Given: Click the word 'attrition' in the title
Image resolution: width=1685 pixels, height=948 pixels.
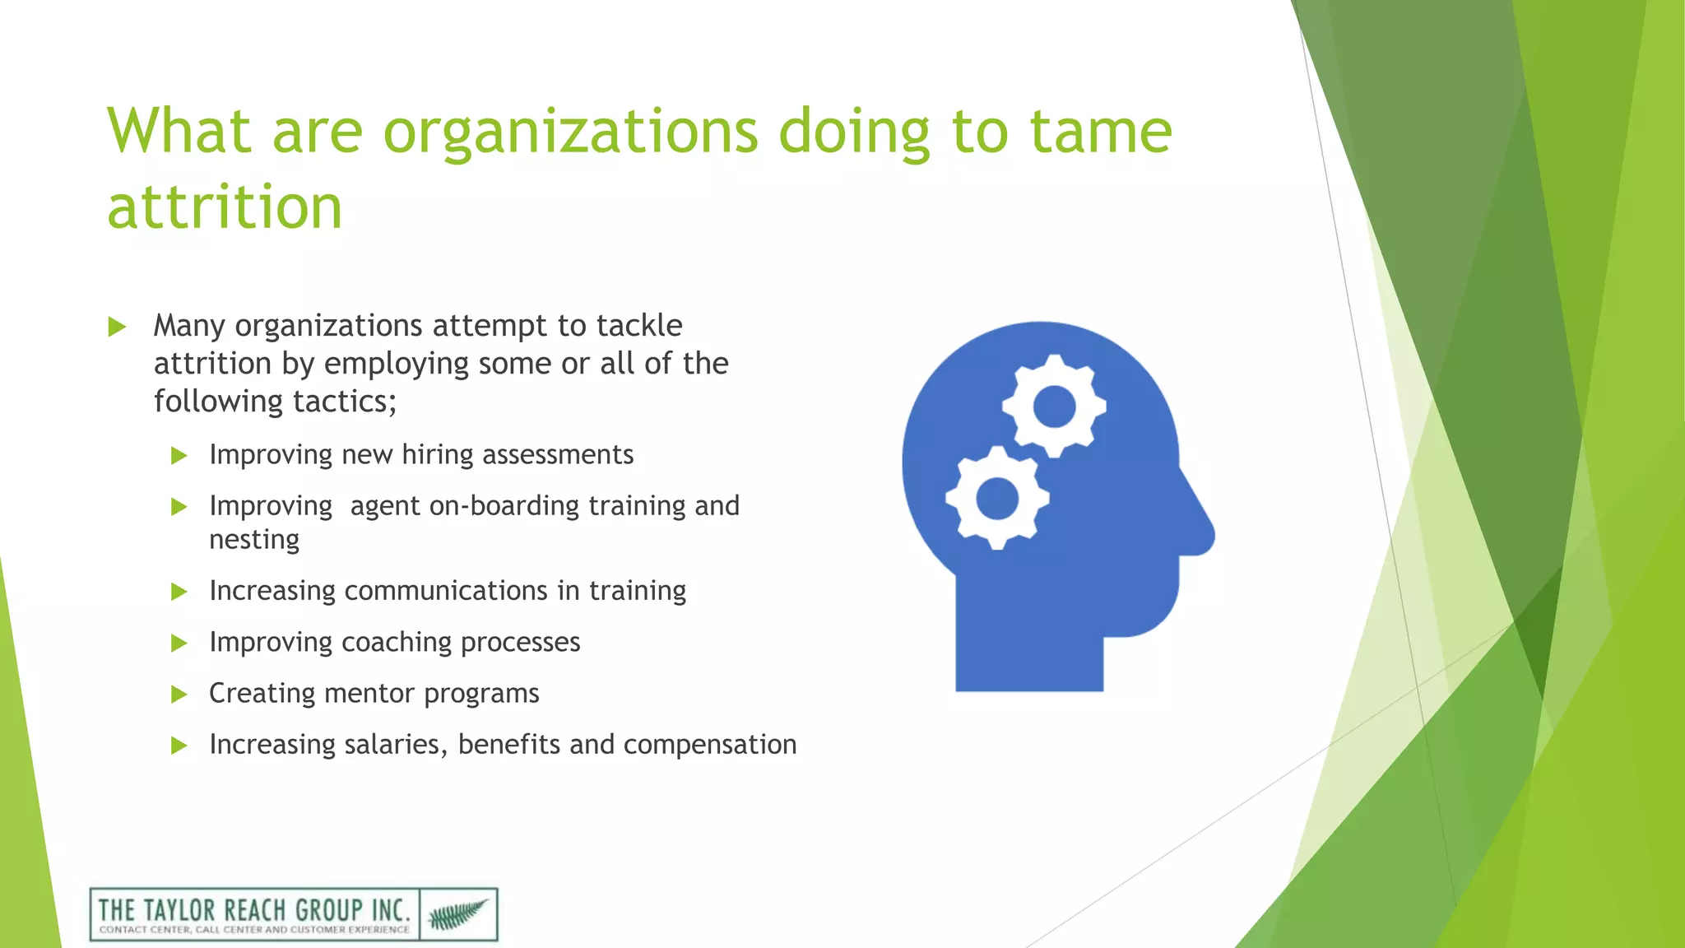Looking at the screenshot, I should pyautogui.click(x=224, y=207).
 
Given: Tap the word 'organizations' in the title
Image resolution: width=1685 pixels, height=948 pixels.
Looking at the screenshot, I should pyautogui.click(x=570, y=133).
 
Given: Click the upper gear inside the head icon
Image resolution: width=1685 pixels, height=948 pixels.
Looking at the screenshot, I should pyautogui.click(x=1054, y=407).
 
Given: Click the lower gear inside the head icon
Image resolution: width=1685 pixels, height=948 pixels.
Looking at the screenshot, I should pyautogui.click(x=997, y=498).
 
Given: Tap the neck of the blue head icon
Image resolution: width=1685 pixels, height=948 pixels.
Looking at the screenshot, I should pyautogui.click(x=1028, y=650).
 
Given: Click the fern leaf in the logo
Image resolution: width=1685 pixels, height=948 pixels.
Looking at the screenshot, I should pyautogui.click(x=457, y=914).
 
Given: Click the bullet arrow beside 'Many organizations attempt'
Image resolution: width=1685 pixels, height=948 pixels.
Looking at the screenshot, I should pyautogui.click(x=117, y=328).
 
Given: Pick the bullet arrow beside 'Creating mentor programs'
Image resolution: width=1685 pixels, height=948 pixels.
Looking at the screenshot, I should pyautogui.click(x=179, y=695).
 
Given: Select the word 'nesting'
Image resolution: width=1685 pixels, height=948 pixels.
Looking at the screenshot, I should pyautogui.click(x=254, y=541).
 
